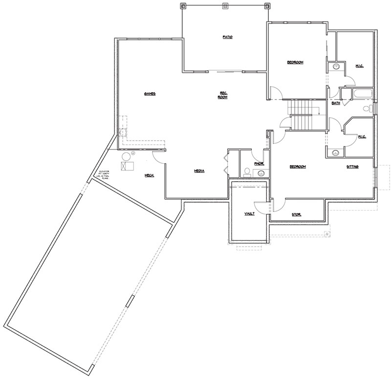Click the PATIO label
227,38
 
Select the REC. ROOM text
223,95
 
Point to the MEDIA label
199,171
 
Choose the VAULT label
249,214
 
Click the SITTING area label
353,167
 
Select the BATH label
336,103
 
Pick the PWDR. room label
259,164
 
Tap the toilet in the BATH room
368,108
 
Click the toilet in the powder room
247,171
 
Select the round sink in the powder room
261,172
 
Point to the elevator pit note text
103,175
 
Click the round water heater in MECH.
126,156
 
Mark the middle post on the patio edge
225,6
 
